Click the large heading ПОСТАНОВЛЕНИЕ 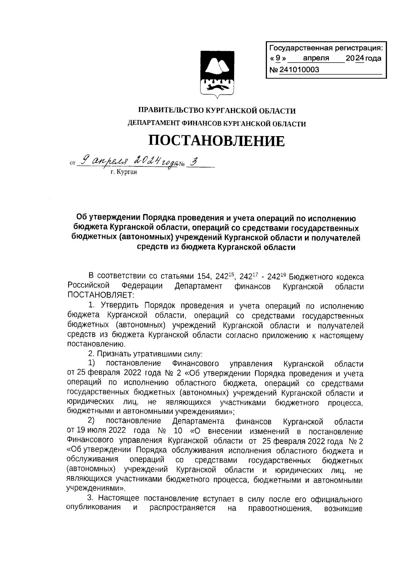217,141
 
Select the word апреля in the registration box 316,58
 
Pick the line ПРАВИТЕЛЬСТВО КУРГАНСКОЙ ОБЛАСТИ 217,111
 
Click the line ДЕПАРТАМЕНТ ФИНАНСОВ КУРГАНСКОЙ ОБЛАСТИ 217,124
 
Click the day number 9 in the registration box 278,58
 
